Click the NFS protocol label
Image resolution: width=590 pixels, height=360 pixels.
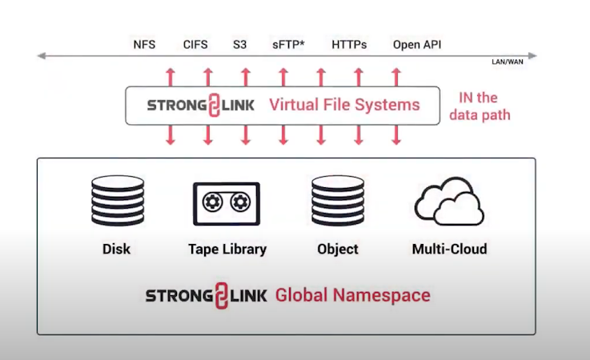point(144,45)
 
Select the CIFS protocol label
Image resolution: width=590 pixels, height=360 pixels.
point(195,45)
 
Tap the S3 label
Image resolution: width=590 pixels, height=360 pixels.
point(240,45)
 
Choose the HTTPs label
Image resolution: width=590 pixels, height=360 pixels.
point(349,45)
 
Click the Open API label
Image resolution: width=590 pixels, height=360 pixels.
point(417,45)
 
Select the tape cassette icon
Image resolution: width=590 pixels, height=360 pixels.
point(227,203)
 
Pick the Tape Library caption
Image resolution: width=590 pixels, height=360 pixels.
point(227,249)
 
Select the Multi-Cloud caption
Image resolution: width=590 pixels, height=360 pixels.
point(449,249)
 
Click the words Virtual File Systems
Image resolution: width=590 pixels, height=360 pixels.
point(344,105)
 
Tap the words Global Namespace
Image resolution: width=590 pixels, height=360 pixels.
point(353,295)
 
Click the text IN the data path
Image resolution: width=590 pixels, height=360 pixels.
point(480,106)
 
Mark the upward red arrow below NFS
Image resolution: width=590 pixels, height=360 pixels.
point(170,77)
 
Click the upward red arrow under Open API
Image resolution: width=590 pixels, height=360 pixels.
point(395,77)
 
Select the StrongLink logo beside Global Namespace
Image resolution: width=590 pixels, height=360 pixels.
point(206,295)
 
